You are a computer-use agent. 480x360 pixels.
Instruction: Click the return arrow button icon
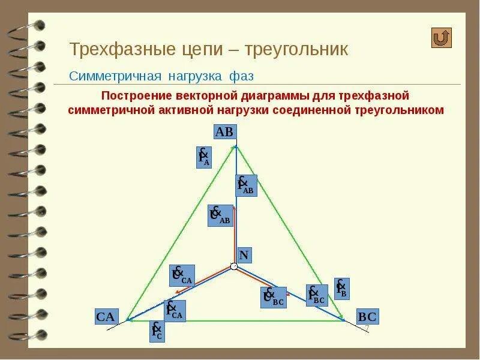[442, 38]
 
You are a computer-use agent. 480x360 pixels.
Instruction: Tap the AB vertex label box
[224, 132]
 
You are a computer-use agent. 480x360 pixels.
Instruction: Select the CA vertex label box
[106, 317]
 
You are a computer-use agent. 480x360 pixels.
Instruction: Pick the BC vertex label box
[367, 317]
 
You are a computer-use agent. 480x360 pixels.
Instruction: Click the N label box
[244, 255]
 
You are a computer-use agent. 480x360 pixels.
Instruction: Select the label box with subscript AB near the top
[246, 185]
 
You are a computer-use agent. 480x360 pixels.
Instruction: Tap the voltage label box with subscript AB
[220, 215]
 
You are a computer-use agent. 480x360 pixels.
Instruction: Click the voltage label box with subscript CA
[181, 275]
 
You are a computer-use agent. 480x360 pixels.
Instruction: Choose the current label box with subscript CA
[175, 311]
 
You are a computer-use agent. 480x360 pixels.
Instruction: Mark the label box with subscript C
[157, 331]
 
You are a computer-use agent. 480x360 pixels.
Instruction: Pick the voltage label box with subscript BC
[273, 298]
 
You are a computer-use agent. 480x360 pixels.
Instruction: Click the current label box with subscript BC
[317, 295]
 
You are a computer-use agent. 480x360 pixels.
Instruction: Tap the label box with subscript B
[342, 289]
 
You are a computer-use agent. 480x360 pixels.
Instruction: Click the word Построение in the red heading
[137, 96]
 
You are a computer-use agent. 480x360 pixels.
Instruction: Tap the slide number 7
[367, 328]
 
